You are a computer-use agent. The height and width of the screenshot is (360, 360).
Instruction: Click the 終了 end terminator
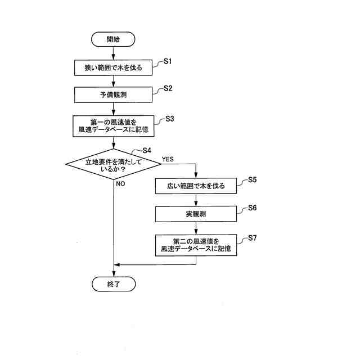click(x=113, y=284)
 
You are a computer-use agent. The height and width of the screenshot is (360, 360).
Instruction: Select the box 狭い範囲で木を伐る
click(x=113, y=67)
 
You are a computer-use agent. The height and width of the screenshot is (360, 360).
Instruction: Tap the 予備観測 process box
click(x=113, y=95)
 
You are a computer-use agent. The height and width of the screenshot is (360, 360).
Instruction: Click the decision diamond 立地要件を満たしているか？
click(x=113, y=164)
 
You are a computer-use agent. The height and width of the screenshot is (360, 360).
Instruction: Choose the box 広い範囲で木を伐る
click(x=195, y=186)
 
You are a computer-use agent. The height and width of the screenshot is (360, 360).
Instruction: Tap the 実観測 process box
click(x=195, y=214)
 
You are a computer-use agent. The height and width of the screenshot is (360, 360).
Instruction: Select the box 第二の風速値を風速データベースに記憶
click(x=195, y=244)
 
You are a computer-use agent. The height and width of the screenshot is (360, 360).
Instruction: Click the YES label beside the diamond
click(x=168, y=159)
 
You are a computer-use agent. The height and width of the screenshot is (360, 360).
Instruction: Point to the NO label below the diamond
click(x=120, y=184)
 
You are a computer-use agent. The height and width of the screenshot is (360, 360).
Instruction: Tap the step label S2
click(x=168, y=88)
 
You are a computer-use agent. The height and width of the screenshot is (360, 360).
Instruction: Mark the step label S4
click(x=146, y=150)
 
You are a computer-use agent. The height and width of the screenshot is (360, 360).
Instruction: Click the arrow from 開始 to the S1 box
click(x=113, y=52)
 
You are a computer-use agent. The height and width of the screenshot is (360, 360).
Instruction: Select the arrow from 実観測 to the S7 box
click(x=195, y=228)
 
